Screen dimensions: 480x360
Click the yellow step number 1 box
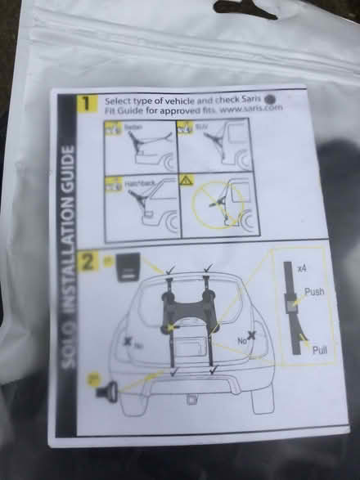point(85,104)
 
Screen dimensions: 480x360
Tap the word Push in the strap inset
point(313,291)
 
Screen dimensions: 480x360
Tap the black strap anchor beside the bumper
point(106,392)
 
